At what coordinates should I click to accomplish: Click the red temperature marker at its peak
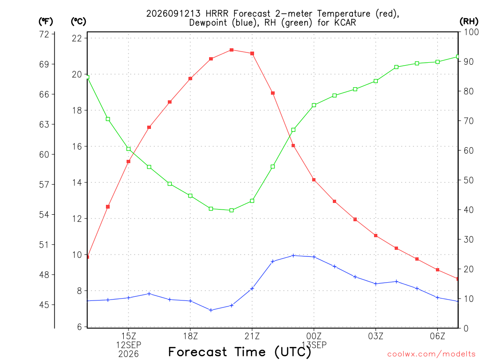coord(232,50)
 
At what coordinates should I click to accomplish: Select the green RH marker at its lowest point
coord(232,210)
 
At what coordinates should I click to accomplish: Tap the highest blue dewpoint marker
coord(293,255)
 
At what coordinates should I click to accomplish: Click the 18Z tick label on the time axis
coord(190,336)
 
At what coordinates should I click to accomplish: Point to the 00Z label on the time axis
coord(314,336)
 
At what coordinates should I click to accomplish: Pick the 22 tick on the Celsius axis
coord(77,38)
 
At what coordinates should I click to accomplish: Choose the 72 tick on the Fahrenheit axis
coord(44,34)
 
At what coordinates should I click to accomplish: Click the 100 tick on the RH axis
coord(471,32)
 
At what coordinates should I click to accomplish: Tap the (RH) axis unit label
coord(469,21)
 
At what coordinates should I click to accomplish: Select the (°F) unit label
coord(45,22)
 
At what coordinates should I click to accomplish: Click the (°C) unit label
coord(78,22)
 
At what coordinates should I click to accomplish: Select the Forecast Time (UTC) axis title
coord(240,352)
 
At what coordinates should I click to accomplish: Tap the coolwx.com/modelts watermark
coord(431,354)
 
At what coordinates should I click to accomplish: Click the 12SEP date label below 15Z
coord(128,345)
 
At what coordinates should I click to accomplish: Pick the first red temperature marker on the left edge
coord(88,257)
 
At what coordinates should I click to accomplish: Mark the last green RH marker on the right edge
coord(458,57)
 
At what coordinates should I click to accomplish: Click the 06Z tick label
coord(437,336)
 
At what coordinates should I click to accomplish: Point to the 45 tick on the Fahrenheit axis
coord(44,305)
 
